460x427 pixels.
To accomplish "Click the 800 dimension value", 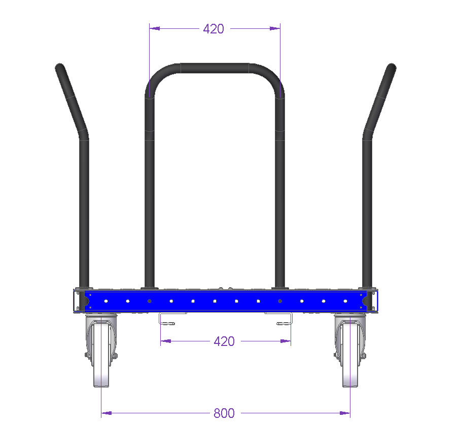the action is [x=224, y=413].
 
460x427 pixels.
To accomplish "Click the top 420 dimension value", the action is [x=214, y=29].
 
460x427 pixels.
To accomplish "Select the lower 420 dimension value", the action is [x=224, y=341].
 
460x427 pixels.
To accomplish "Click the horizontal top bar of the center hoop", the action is [x=215, y=68].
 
